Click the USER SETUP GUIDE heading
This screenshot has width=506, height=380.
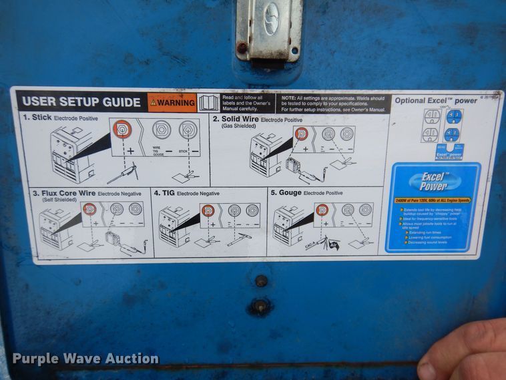tap(81, 102)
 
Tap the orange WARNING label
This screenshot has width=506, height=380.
tap(172, 103)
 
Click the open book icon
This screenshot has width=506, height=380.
tap(208, 103)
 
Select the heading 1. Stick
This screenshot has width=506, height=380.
tap(37, 118)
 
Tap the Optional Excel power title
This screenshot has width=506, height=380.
tap(436, 101)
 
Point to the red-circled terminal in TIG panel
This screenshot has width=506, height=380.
tap(208, 210)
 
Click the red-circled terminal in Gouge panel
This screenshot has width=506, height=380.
tap(322, 209)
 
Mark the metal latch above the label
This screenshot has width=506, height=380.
tap(269, 30)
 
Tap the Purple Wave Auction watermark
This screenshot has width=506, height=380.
tap(85, 359)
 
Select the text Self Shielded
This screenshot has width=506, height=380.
tap(49, 200)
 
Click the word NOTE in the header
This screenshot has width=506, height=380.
tap(290, 97)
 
